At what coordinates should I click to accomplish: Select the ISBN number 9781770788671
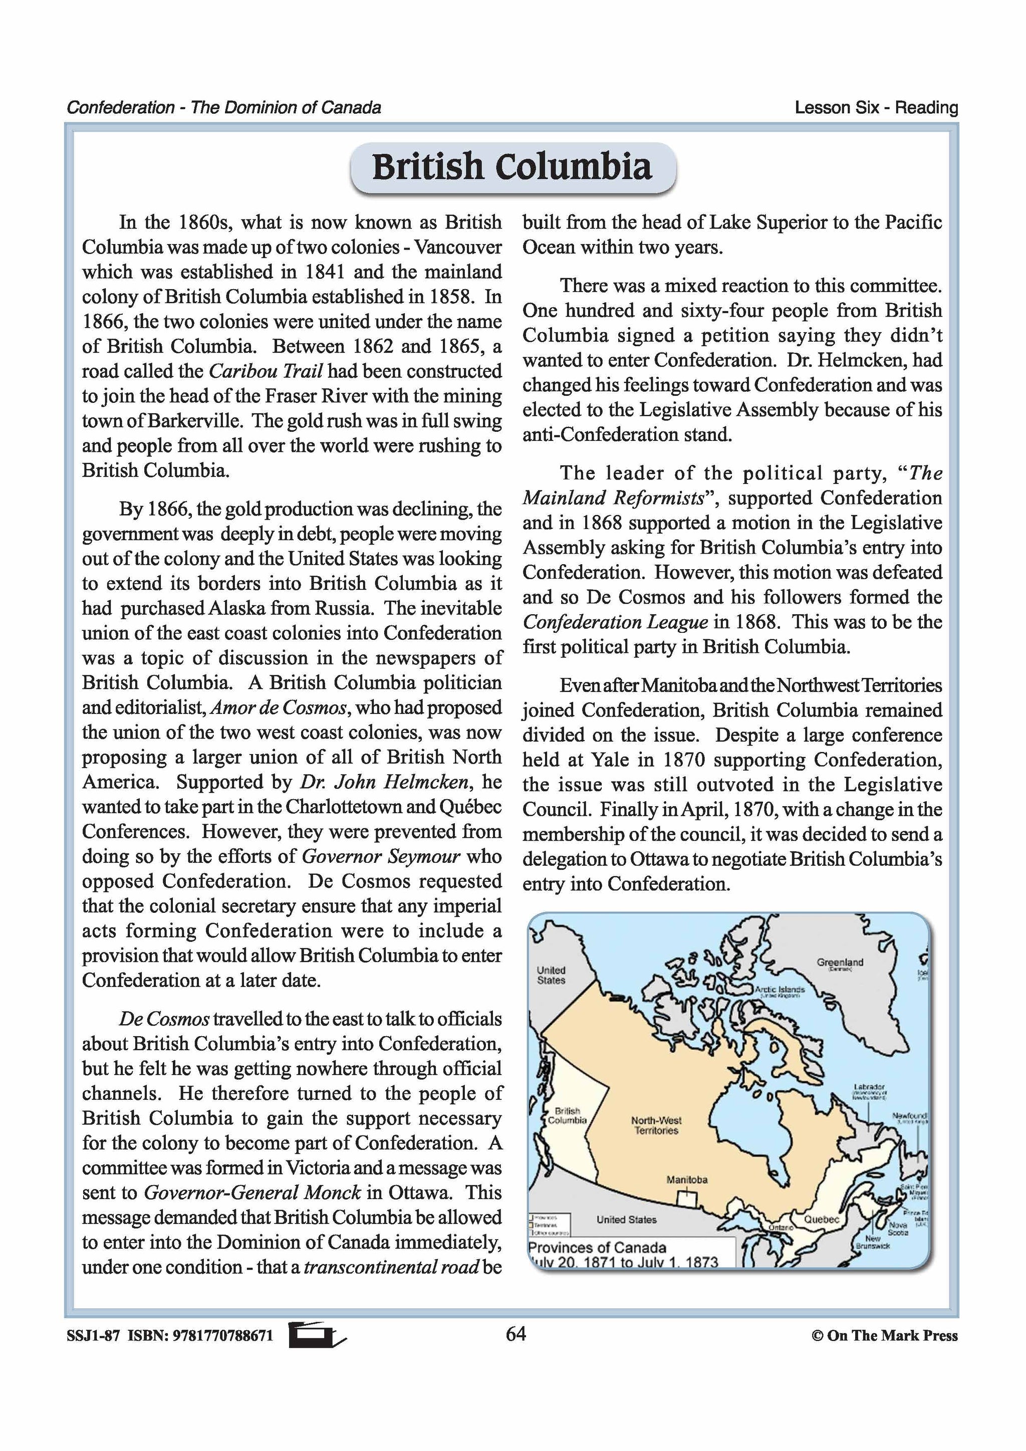coord(222,1335)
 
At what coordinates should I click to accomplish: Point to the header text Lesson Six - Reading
coord(876,107)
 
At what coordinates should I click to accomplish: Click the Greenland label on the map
coord(840,962)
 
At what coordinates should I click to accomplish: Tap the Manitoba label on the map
coord(687,1179)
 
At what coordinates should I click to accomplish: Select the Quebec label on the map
coord(821,1219)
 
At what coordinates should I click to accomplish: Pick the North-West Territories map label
coord(656,1125)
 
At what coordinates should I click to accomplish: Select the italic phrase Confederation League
coord(615,622)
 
